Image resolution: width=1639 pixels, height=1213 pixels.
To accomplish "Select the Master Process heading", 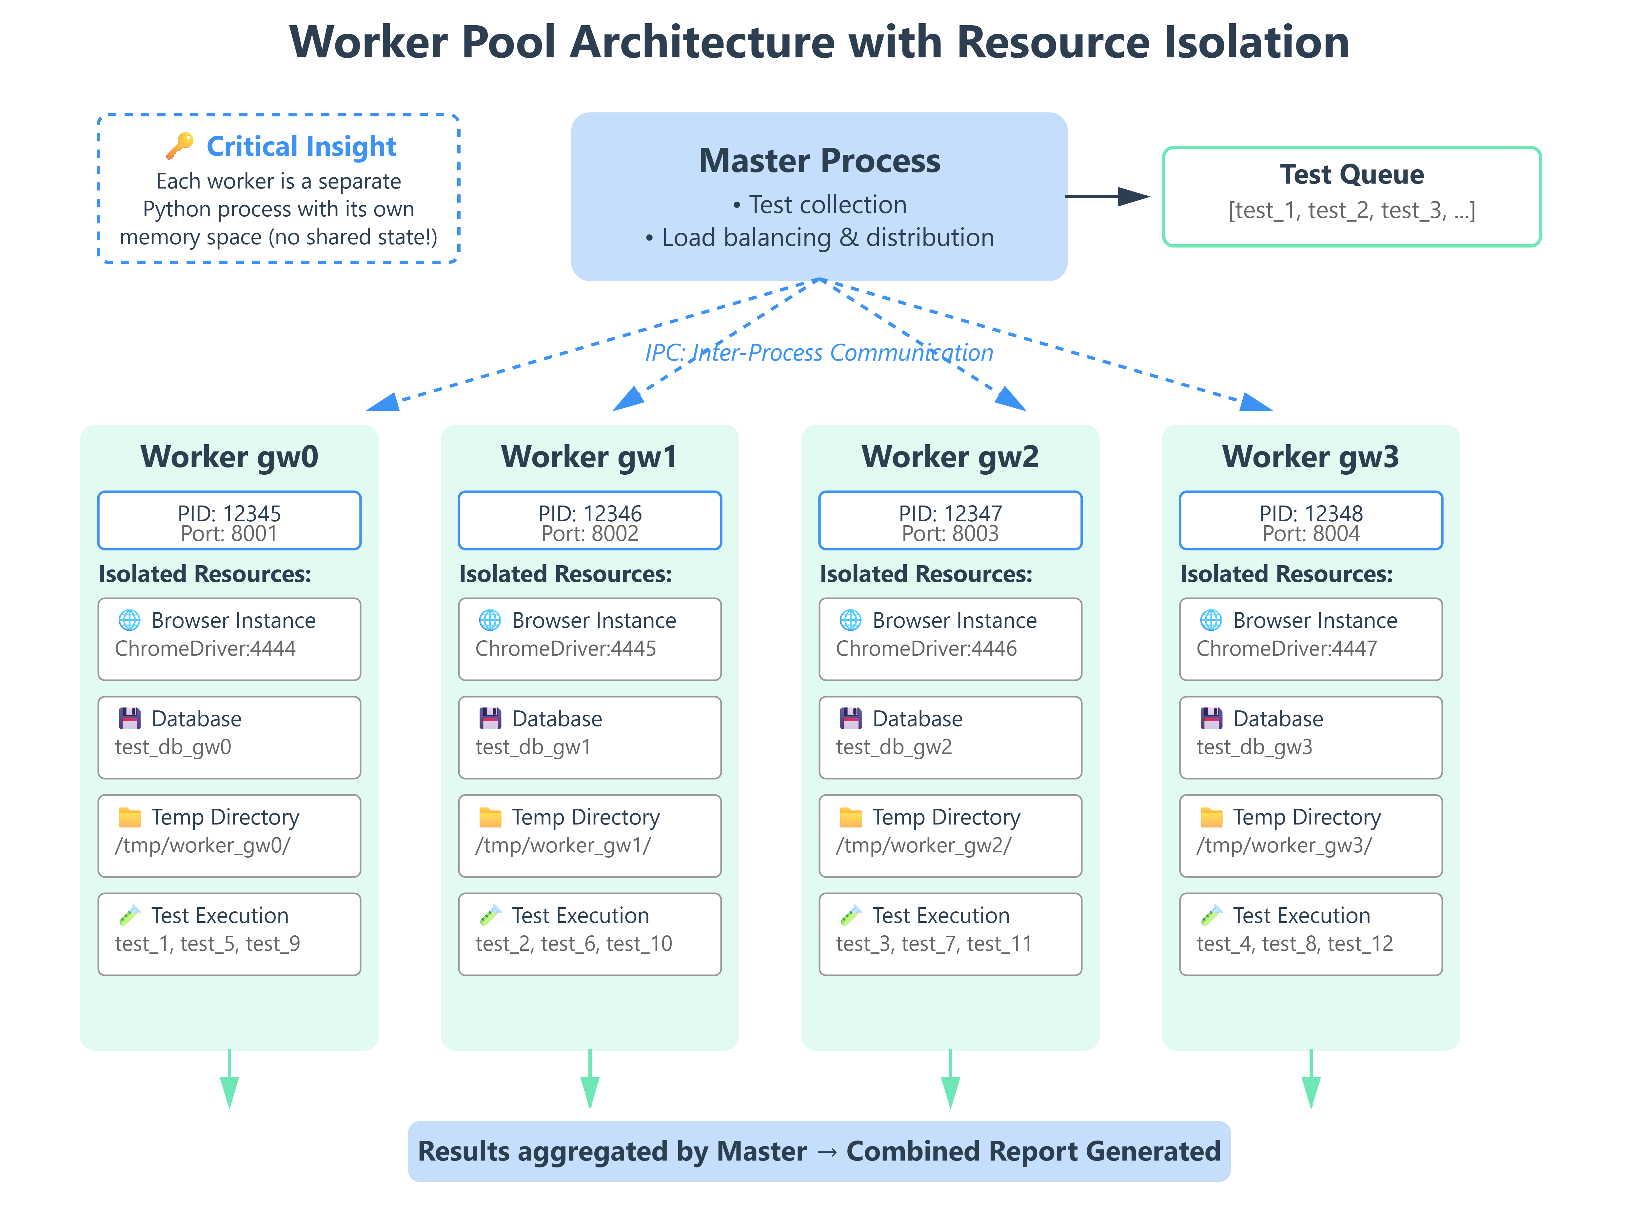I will pyautogui.click(x=819, y=161).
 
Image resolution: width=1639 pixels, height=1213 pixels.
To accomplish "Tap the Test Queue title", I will pyautogui.click(x=1351, y=175).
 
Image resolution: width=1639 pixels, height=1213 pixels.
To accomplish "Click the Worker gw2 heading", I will pyautogui.click(x=950, y=457).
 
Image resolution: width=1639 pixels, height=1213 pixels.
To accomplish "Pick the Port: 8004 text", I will pyautogui.click(x=1311, y=534).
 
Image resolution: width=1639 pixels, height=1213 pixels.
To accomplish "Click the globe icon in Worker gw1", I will pyautogui.click(x=490, y=621).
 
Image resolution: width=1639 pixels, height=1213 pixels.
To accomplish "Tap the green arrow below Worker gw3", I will pyautogui.click(x=1311, y=1083).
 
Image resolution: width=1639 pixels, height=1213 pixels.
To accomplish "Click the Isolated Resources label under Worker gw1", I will pyautogui.click(x=565, y=574).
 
